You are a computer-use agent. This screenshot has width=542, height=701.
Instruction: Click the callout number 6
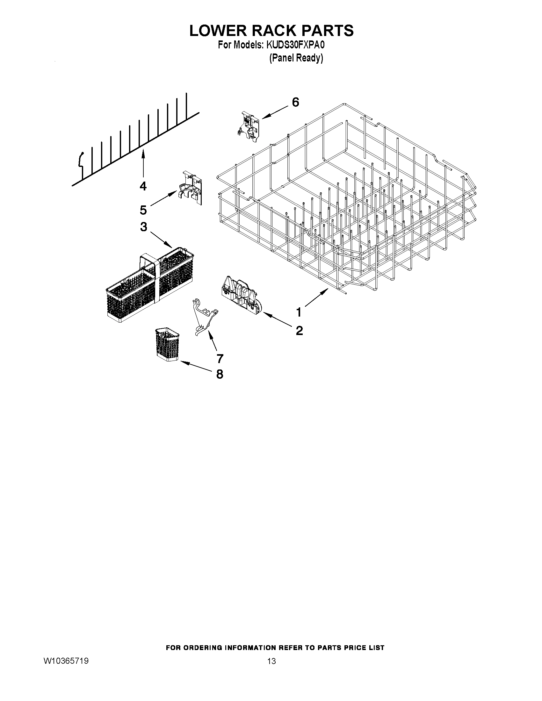(x=295, y=102)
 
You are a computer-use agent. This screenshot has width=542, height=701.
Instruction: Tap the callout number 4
(x=143, y=186)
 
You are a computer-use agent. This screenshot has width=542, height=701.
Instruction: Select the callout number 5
(x=143, y=210)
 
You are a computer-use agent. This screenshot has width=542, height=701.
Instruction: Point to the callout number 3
(x=143, y=226)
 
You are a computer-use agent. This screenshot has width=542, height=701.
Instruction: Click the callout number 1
(x=299, y=312)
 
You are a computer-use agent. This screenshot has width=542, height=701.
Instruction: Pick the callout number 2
(x=299, y=330)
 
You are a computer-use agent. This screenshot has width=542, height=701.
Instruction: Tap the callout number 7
(x=220, y=358)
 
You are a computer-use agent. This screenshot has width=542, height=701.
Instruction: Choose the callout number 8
(x=220, y=374)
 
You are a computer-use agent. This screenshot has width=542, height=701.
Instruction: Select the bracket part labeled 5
(x=191, y=188)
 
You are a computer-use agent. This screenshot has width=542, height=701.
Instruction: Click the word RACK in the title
(x=271, y=31)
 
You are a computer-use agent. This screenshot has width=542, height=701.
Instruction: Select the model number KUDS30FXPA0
(x=295, y=45)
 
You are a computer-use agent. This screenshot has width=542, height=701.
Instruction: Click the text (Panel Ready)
(x=296, y=58)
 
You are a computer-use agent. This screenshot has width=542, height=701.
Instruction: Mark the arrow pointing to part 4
(x=143, y=164)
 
